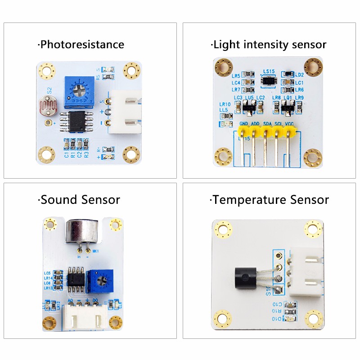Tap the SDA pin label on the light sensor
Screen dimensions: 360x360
[267, 123]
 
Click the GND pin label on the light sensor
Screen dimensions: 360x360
[244, 123]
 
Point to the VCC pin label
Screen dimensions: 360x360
[290, 123]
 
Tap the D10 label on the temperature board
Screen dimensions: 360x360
[276, 319]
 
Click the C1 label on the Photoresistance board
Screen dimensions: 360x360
[67, 154]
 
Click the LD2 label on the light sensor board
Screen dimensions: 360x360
[299, 74]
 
